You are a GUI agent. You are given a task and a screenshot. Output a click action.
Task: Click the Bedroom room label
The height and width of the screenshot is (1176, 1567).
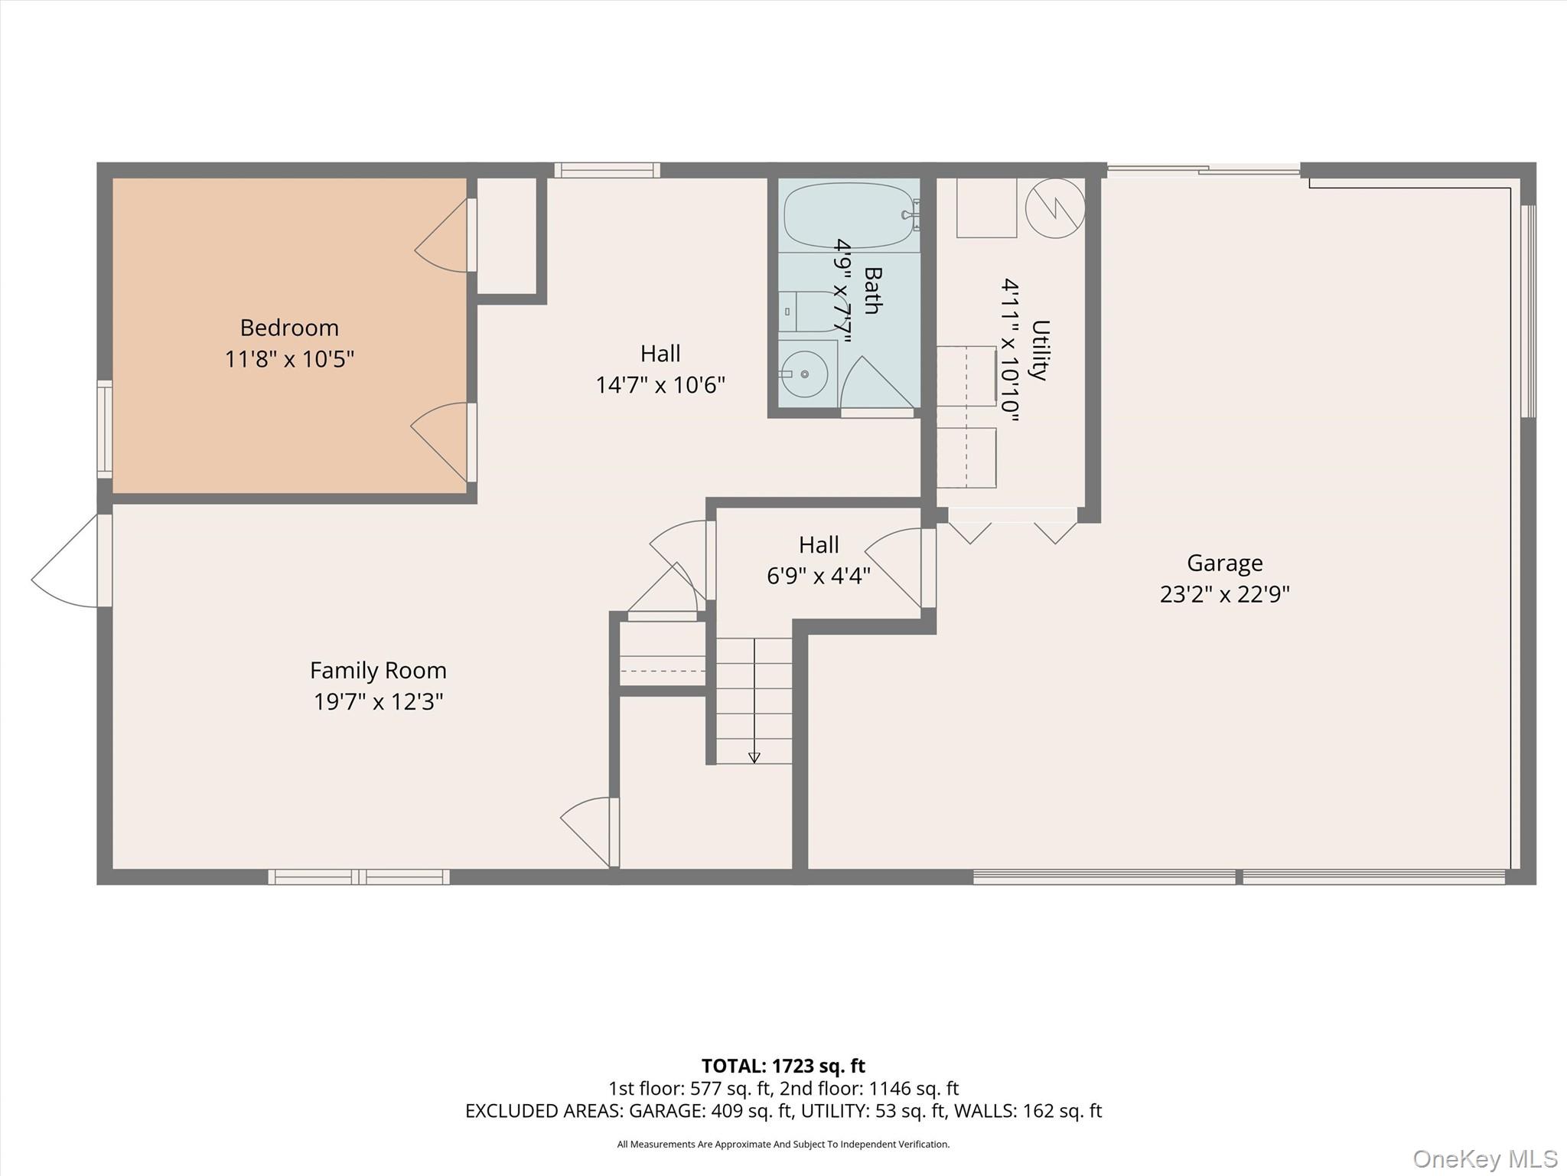pyautogui.click(x=289, y=328)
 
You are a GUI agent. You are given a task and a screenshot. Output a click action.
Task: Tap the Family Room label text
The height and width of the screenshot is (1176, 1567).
pyautogui.click(x=378, y=671)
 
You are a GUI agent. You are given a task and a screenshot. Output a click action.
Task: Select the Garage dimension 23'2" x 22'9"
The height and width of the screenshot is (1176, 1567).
pyautogui.click(x=1224, y=595)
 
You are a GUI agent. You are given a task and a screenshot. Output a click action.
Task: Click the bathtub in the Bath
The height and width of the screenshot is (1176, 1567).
pyautogui.click(x=850, y=215)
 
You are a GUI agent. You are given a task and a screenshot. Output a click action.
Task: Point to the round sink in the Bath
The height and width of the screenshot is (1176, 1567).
pyautogui.click(x=805, y=374)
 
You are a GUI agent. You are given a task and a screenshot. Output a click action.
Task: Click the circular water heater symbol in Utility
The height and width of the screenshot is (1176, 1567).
pyautogui.click(x=1055, y=207)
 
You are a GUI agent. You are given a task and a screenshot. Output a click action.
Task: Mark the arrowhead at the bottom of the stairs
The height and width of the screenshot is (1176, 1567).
pyautogui.click(x=754, y=757)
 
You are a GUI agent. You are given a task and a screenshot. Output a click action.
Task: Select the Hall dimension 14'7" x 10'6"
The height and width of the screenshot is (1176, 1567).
pyautogui.click(x=660, y=384)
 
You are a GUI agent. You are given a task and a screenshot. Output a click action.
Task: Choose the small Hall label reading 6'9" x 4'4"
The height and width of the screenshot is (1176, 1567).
pyautogui.click(x=819, y=576)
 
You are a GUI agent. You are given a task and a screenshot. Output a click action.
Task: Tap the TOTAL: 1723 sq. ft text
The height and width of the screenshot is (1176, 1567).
pyautogui.click(x=783, y=1066)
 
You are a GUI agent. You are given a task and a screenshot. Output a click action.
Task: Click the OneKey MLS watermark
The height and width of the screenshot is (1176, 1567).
pyautogui.click(x=1485, y=1159)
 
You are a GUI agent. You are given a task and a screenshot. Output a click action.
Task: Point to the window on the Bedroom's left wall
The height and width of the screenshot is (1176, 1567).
pyautogui.click(x=105, y=430)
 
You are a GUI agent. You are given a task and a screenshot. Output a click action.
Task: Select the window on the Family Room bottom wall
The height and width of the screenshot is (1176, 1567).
pyautogui.click(x=359, y=877)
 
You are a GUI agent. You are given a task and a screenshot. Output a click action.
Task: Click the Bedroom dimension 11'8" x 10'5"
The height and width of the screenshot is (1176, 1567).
pyautogui.click(x=289, y=359)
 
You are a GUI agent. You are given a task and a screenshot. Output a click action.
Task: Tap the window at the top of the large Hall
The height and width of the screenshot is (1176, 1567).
pyautogui.click(x=607, y=170)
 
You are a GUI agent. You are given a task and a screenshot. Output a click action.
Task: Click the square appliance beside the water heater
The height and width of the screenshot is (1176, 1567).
pyautogui.click(x=987, y=207)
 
